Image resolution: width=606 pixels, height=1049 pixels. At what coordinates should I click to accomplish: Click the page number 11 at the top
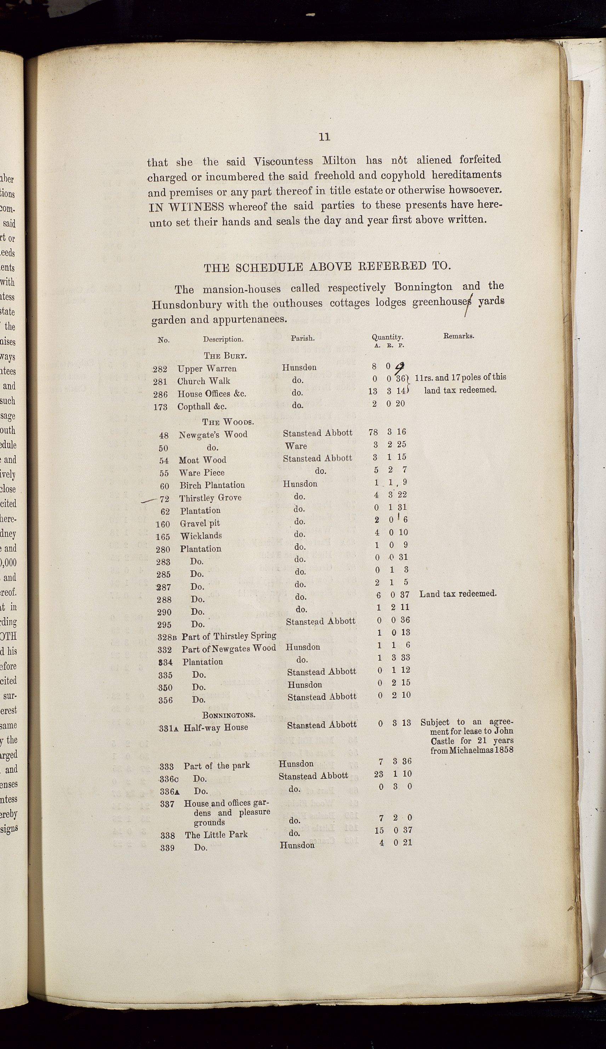click(324, 137)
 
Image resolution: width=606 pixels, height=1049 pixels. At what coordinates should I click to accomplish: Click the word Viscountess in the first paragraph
click(285, 161)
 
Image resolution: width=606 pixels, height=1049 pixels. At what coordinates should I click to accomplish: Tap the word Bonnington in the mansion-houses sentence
click(423, 287)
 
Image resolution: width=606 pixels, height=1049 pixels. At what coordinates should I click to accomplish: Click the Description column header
click(223, 339)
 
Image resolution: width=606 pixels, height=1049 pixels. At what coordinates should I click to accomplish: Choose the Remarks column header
click(458, 336)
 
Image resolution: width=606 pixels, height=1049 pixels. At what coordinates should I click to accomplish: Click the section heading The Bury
click(225, 355)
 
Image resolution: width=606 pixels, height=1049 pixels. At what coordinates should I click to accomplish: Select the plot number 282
click(160, 369)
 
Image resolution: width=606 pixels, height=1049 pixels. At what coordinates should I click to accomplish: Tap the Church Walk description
click(204, 381)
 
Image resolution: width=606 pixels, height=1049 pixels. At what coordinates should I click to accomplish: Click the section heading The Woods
click(228, 422)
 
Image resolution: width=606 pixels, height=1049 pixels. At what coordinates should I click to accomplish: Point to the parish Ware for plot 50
click(296, 446)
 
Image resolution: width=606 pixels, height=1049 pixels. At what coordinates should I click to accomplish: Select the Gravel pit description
click(200, 523)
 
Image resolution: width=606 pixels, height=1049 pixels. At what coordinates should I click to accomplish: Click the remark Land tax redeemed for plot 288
click(458, 594)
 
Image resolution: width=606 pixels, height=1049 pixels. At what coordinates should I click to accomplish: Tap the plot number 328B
click(168, 637)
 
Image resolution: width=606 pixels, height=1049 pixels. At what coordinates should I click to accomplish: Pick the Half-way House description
click(216, 727)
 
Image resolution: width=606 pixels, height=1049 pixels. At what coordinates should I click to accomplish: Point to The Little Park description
click(216, 834)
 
